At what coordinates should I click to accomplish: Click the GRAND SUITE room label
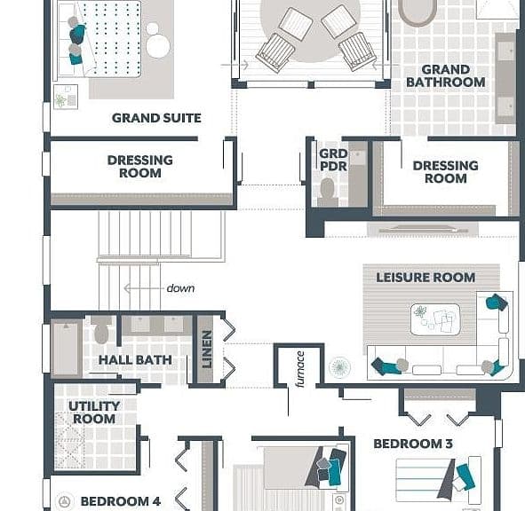click(156, 118)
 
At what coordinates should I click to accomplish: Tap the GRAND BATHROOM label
click(446, 76)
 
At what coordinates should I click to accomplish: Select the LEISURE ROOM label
click(426, 278)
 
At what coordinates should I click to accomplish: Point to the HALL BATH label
click(135, 360)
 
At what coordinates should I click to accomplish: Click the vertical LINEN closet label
click(207, 350)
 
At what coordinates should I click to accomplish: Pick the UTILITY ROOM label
click(94, 413)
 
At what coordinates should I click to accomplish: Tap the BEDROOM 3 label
click(413, 444)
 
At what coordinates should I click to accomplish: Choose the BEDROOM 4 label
click(121, 501)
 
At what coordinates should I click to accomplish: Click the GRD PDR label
click(333, 160)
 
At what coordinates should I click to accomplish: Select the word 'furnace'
click(300, 369)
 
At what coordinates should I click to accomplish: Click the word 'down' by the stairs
click(180, 288)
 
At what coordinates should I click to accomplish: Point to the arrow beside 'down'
click(144, 288)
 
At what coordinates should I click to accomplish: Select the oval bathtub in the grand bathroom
click(418, 12)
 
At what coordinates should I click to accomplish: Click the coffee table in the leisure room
click(435, 319)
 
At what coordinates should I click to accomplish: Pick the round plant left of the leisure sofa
click(339, 367)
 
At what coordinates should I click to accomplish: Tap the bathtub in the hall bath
click(67, 349)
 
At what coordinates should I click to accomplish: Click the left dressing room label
click(140, 167)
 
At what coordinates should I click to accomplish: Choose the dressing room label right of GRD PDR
click(445, 172)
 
